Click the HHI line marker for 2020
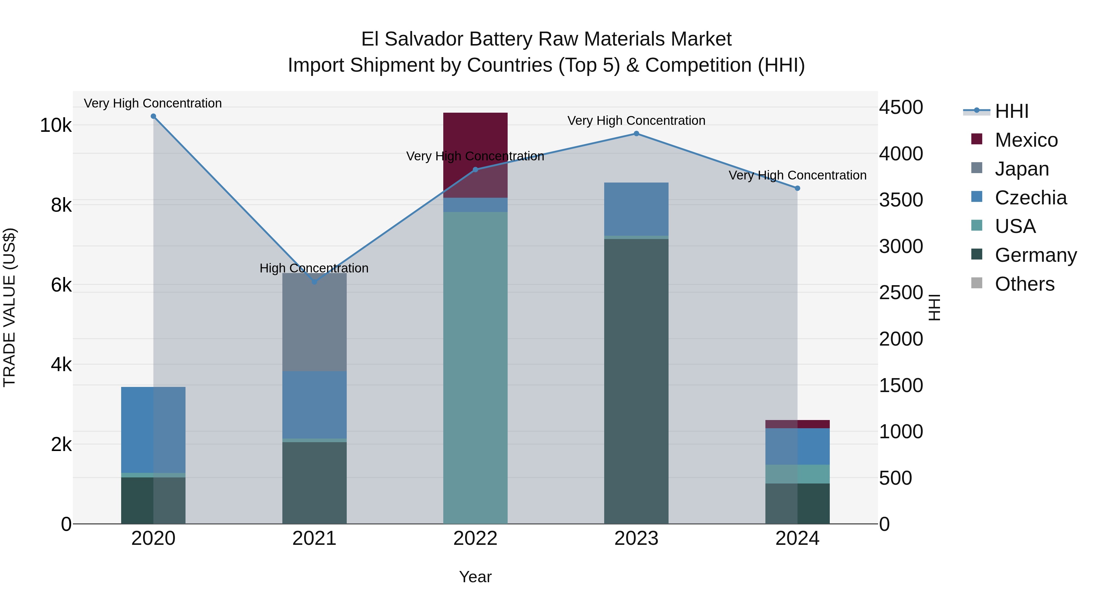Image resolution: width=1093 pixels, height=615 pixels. pyautogui.click(x=153, y=116)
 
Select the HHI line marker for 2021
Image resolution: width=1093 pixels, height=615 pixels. pyautogui.click(x=315, y=282)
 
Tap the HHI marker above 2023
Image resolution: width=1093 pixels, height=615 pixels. pyautogui.click(x=636, y=134)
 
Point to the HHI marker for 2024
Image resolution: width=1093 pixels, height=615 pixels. pyautogui.click(x=797, y=188)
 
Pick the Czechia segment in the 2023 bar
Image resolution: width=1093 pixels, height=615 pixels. pyautogui.click(x=636, y=209)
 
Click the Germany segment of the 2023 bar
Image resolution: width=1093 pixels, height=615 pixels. pyautogui.click(x=636, y=382)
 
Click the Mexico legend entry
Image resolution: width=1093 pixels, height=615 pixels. pyautogui.click(x=1026, y=140)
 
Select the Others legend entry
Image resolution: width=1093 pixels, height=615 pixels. pyautogui.click(x=1024, y=284)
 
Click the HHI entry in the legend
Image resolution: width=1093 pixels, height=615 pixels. pyautogui.click(x=1012, y=111)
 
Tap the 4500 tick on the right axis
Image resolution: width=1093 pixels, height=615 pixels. pyautogui.click(x=901, y=108)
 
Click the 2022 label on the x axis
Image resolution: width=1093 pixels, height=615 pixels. pyautogui.click(x=475, y=538)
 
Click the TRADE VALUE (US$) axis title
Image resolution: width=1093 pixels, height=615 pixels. pyautogui.click(x=9, y=307)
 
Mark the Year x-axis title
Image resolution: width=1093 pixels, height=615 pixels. pyautogui.click(x=475, y=577)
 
